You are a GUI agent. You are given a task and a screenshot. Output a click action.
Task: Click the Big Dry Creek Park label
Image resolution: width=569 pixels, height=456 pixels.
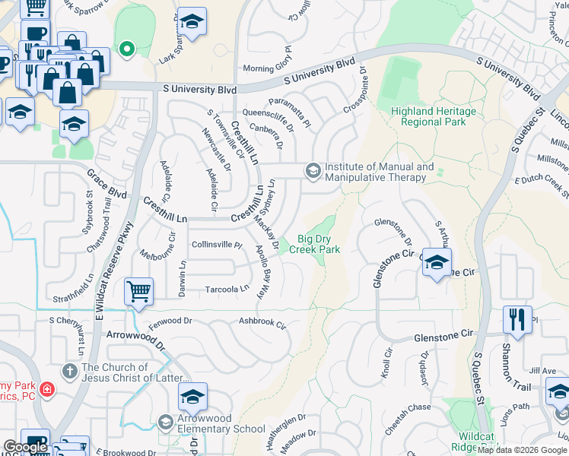click(319, 243)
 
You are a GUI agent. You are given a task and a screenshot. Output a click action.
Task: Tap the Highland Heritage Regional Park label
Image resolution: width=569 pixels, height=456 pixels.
click(433, 116)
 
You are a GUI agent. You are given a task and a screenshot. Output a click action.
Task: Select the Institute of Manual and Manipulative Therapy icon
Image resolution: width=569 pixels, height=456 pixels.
click(312, 171)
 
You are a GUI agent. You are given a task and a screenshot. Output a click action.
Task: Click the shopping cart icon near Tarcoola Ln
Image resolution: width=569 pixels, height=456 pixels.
click(139, 290)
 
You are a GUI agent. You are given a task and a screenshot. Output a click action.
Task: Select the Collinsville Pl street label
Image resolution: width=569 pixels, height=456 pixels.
click(216, 245)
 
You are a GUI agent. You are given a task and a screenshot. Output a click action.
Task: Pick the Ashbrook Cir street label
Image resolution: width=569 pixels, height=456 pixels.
click(262, 323)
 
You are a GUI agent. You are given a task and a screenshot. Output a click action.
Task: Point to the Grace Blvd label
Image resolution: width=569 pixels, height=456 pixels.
click(106, 183)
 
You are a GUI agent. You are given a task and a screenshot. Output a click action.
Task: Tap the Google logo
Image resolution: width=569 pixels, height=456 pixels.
click(25, 448)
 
